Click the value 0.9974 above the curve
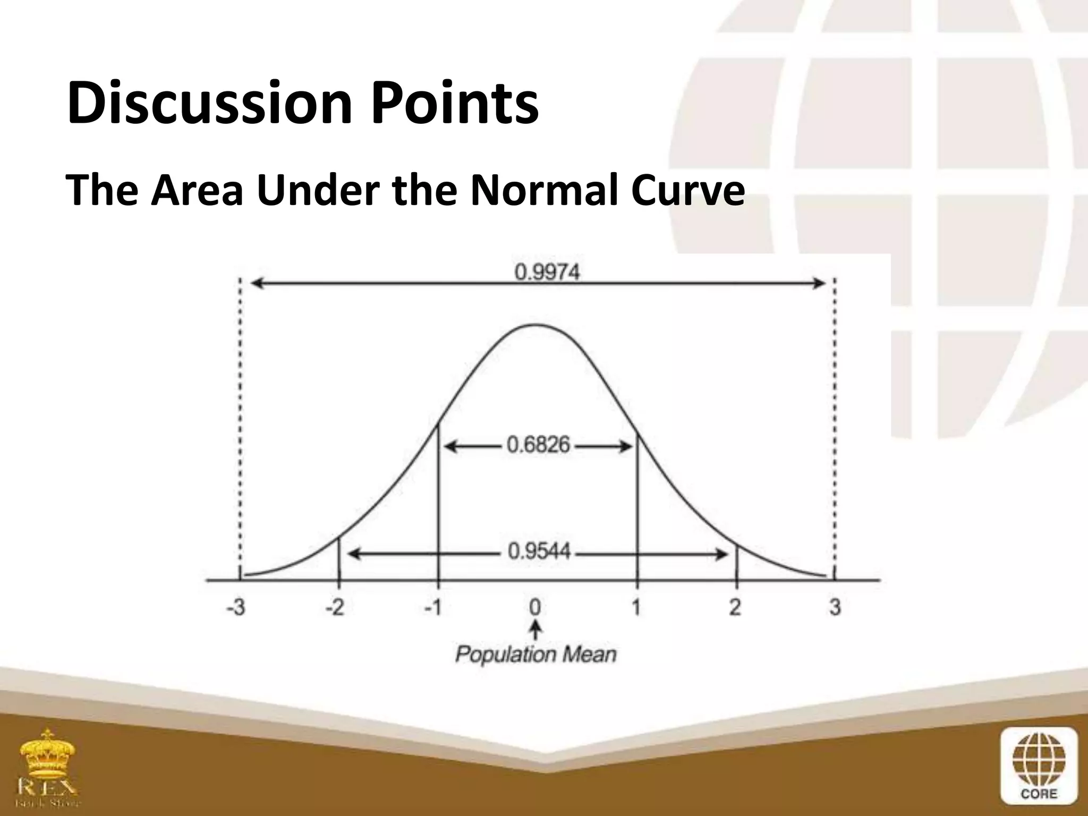(547, 273)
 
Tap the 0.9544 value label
(539, 551)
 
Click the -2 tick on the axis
(335, 607)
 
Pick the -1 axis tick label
(433, 607)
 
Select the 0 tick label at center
(535, 607)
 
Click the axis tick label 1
(636, 607)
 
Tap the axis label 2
(735, 607)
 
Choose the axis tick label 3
(835, 607)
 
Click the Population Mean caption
(535, 654)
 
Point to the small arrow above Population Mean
(536, 630)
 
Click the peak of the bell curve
(535, 325)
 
